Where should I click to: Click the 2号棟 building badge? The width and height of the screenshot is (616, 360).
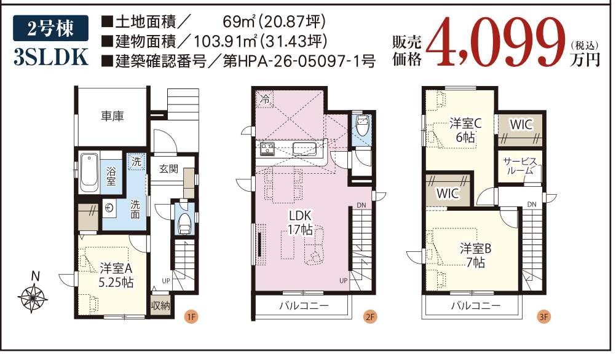[x=50, y=28]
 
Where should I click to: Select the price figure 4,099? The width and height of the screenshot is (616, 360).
[x=497, y=42]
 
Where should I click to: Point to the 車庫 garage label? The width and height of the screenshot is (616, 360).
[x=113, y=116]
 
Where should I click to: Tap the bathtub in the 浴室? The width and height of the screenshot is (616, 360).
[x=89, y=173]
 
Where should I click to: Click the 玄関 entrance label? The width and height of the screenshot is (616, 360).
[x=168, y=169]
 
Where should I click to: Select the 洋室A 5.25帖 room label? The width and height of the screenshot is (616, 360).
[x=116, y=275]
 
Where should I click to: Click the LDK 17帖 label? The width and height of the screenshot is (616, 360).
[x=300, y=222]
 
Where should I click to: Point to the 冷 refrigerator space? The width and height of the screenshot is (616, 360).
[x=265, y=100]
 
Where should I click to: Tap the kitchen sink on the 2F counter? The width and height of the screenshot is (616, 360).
[x=305, y=149]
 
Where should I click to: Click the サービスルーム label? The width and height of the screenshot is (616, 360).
[x=519, y=166]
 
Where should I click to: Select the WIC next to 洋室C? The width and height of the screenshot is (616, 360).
[x=521, y=125]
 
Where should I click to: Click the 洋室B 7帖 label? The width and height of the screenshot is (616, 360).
[x=476, y=255]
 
